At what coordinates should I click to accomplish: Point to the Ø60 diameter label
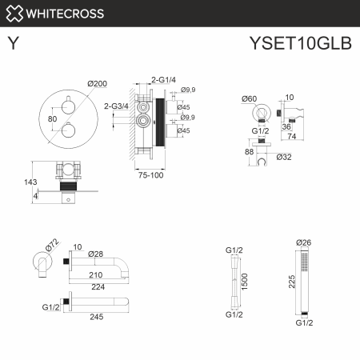pos(250,98)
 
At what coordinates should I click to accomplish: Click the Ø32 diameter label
pos(282,157)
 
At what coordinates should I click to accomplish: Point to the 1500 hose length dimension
pos(245,282)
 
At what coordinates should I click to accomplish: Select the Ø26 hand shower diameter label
pos(302,242)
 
